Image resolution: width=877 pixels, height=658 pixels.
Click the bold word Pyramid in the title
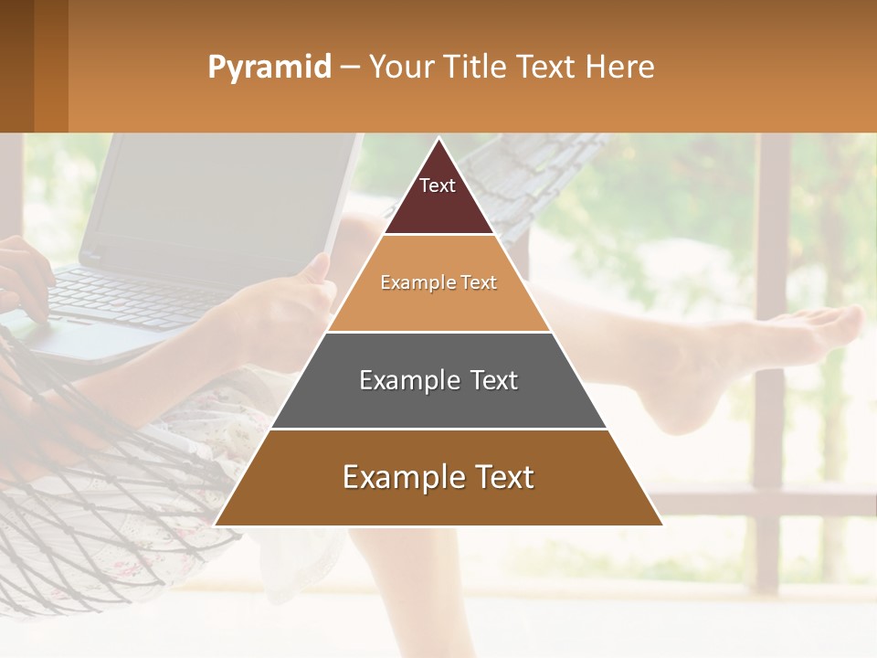tap(269, 68)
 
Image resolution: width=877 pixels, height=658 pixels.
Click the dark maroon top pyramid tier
tap(438, 196)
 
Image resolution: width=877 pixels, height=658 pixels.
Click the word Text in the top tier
tap(437, 186)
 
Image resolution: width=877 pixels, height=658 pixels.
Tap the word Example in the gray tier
tap(400, 380)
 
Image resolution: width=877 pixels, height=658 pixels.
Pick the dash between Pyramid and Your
tap(350, 68)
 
